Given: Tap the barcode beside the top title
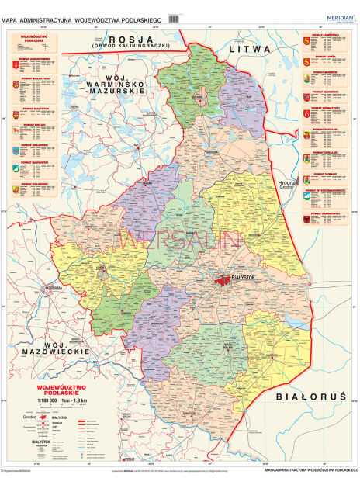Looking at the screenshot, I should click(174, 17).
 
